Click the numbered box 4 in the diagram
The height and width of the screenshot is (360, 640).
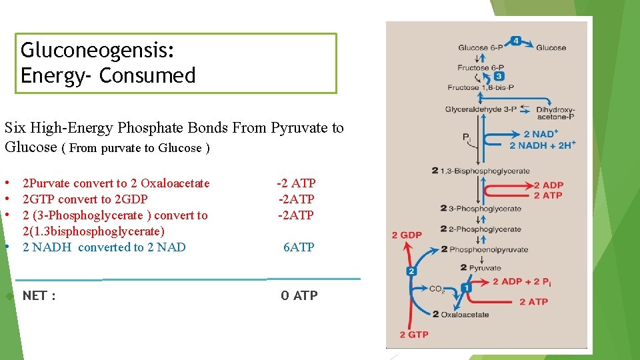coord(517,41)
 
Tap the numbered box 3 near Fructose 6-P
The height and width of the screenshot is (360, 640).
coord(499,76)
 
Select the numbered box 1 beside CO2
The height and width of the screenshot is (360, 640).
coord(467,288)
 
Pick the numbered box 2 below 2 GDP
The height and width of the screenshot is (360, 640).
coord(411,271)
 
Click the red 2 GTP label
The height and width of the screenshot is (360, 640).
coord(413,334)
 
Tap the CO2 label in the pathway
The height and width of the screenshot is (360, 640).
coord(437,289)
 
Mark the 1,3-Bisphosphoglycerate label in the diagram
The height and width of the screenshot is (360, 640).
coord(490,171)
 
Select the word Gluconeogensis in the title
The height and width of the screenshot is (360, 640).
coord(97,51)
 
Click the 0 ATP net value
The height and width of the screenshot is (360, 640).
coord(299,295)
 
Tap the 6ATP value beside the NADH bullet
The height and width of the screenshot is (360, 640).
coord(298,247)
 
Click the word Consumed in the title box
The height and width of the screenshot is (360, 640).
coord(147,75)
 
